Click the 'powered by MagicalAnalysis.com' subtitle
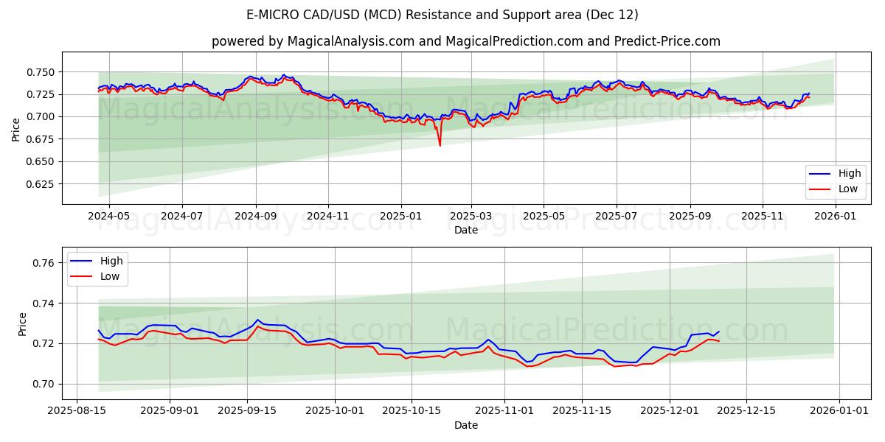[465, 41]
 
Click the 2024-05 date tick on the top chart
[109, 217]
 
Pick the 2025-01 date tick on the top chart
[401, 217]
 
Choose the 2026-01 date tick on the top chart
[836, 217]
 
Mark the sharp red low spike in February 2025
[440, 145]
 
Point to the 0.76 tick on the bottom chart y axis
[46, 263]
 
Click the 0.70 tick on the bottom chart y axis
[46, 384]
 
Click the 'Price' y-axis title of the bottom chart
[22, 323]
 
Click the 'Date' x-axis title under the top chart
[465, 230]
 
